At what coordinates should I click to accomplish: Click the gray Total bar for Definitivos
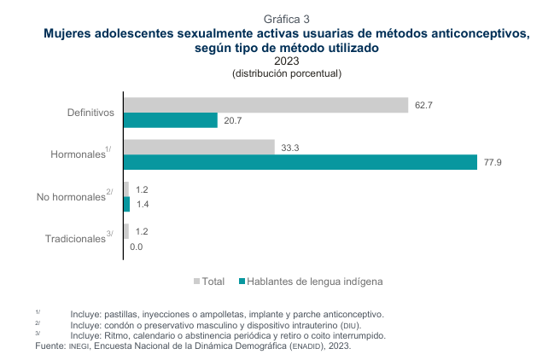pyautogui.click(x=265, y=105)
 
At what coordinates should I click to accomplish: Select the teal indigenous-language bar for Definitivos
pyautogui.click(x=171, y=120)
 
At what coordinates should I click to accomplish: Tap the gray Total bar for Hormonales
pyautogui.click(x=199, y=147)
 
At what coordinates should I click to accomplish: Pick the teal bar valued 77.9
pyautogui.click(x=300, y=162)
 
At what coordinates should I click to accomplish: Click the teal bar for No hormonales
pyautogui.click(x=127, y=204)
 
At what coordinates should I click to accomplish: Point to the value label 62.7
pyautogui.click(x=424, y=105)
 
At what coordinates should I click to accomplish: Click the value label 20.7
pyautogui.click(x=233, y=121)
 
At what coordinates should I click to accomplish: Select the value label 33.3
pyautogui.click(x=289, y=148)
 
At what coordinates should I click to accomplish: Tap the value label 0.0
pyautogui.click(x=137, y=247)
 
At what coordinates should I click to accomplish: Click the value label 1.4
pyautogui.click(x=143, y=205)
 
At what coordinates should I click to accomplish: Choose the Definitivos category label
pyautogui.click(x=90, y=113)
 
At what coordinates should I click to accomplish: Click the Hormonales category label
pyautogui.click(x=78, y=154)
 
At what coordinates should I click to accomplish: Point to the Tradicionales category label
pyautogui.click(x=75, y=239)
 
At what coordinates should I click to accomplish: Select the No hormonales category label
pyautogui.click(x=71, y=197)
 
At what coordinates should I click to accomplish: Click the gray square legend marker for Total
pyautogui.click(x=197, y=281)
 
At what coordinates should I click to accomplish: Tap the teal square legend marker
pyautogui.click(x=241, y=281)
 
